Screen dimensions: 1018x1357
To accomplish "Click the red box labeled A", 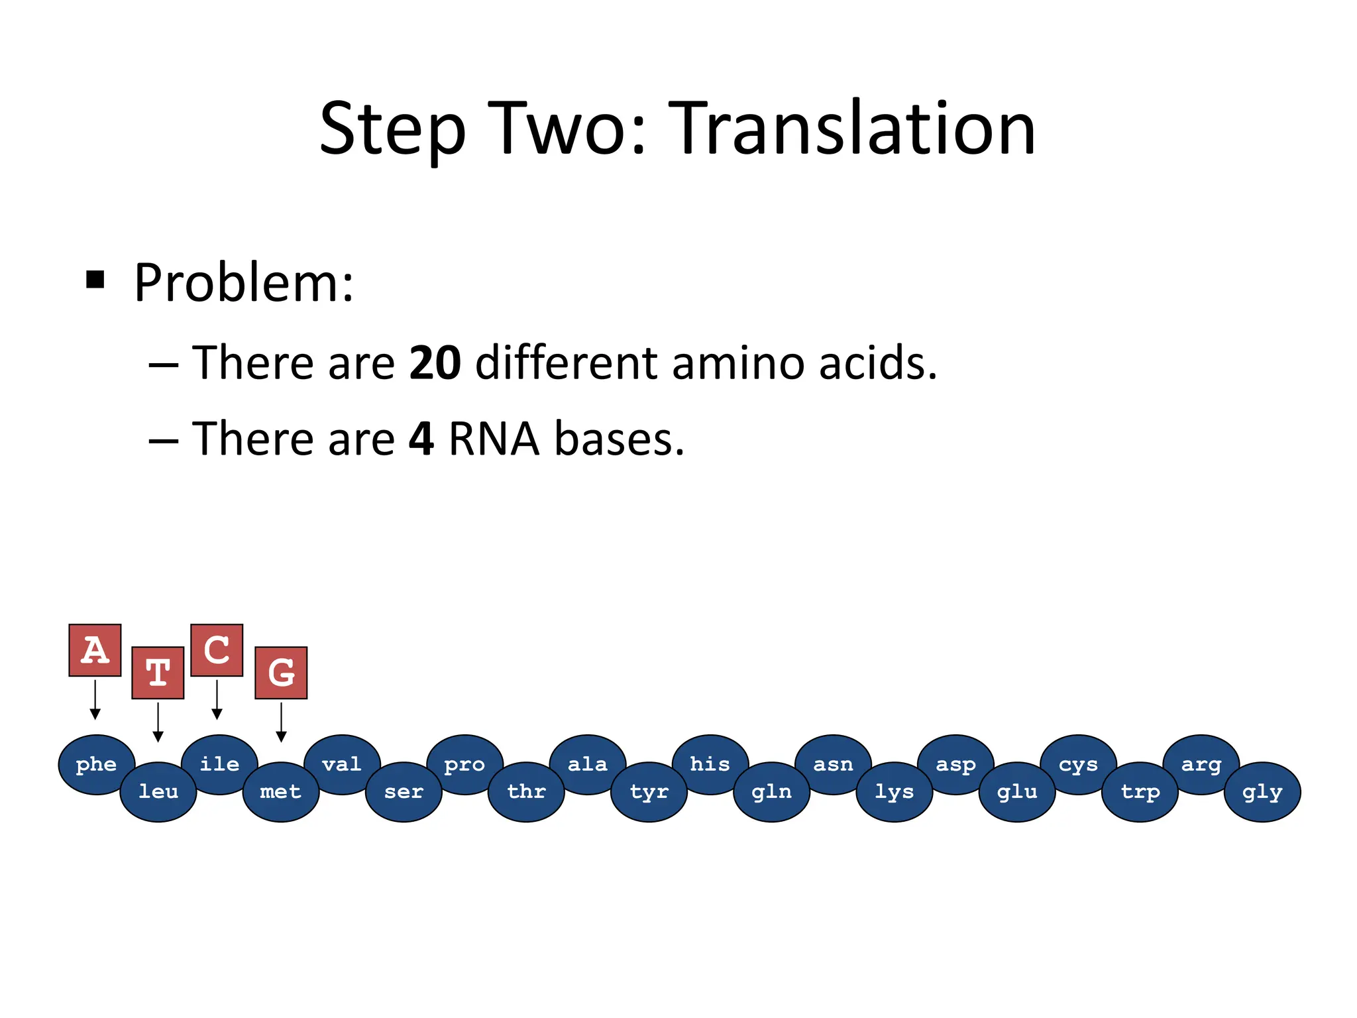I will [x=95, y=650].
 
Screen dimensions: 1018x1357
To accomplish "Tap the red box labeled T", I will [x=158, y=673].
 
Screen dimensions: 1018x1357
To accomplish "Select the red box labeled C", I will [x=217, y=650].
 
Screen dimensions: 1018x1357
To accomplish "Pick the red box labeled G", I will [x=281, y=673].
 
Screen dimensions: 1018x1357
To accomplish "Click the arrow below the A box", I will [x=95, y=699].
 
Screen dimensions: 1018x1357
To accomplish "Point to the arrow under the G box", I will [x=281, y=722].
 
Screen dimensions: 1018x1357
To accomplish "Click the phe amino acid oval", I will [x=96, y=764].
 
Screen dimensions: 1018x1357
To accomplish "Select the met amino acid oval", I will [x=281, y=792].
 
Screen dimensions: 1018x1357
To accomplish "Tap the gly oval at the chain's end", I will [x=1262, y=792].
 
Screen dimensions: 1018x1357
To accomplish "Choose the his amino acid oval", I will [x=710, y=764].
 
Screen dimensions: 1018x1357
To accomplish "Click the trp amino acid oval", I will [x=1140, y=792].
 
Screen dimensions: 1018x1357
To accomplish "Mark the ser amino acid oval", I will [x=404, y=792].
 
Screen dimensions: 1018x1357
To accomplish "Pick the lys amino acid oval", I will [x=895, y=792].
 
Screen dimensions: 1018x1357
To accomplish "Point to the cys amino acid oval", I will [x=1078, y=764].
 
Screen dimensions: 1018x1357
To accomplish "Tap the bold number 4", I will [x=421, y=439].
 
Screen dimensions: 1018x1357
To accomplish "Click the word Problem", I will [x=243, y=283].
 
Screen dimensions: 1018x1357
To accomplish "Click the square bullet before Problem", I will [x=95, y=280].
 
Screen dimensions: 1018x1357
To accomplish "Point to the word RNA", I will [x=494, y=439].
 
